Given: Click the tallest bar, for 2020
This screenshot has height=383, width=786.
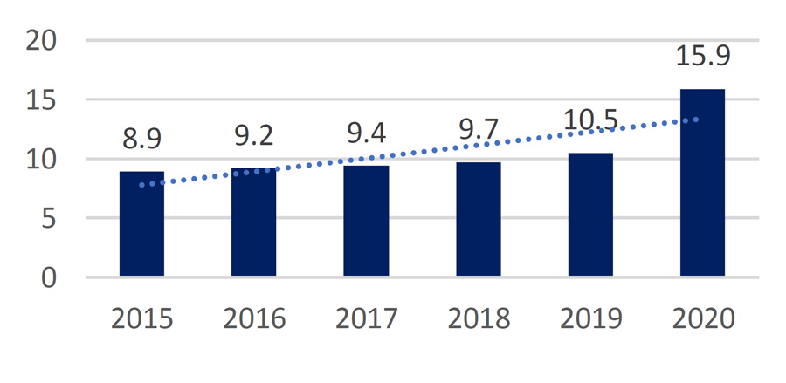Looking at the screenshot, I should pos(702,183).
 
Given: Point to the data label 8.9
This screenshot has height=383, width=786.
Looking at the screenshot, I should pos(141,139).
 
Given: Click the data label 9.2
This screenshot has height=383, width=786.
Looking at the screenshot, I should pos(253,135).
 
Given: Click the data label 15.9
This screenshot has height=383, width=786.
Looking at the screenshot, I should pos(702,56).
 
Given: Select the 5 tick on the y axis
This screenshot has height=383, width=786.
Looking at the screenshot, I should pos(47,218).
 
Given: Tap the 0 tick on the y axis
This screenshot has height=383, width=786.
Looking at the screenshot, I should pos(47,277).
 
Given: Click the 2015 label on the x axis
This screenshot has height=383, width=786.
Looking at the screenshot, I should pos(141,318).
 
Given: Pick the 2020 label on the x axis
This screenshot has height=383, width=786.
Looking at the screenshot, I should pos(702,318).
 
